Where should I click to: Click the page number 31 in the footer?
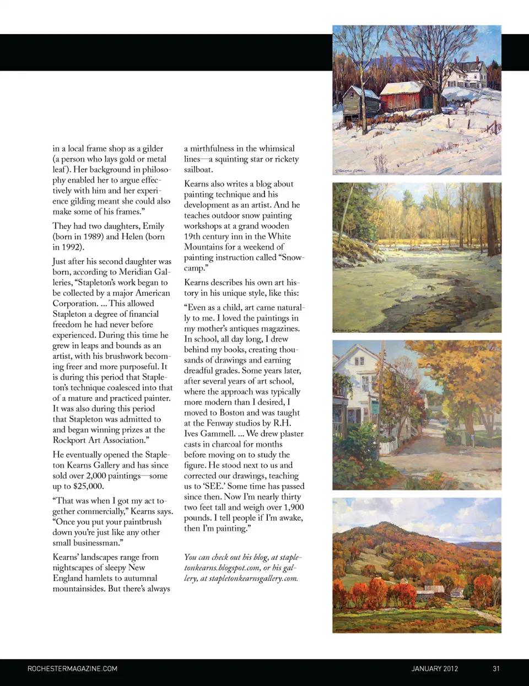pos(496,668)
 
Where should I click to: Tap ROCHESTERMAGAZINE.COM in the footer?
pos(72,668)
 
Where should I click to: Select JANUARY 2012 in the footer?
pos(434,668)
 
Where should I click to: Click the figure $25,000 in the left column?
pos(88,486)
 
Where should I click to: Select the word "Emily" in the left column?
pos(153,226)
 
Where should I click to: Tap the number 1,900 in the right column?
pos(292,507)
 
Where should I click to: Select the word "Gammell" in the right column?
pos(219,434)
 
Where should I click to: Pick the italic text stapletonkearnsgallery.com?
pos(253,578)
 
